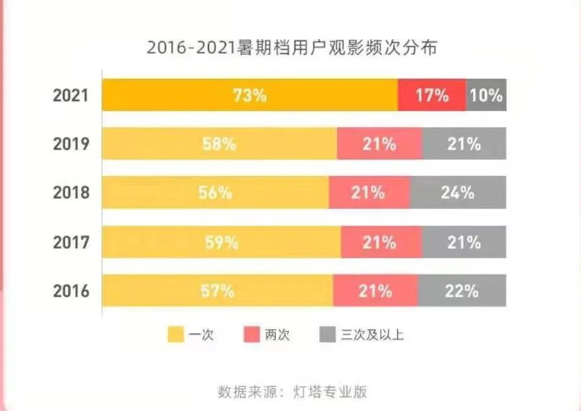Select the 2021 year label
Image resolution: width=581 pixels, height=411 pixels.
click(71, 96)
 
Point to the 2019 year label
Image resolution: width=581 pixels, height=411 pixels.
click(71, 144)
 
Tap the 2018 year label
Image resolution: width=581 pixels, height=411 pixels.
click(71, 193)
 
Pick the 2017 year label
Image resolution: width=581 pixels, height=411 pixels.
click(71, 242)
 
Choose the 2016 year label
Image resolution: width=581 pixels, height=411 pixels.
click(71, 291)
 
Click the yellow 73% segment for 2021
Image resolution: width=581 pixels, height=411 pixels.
click(249, 95)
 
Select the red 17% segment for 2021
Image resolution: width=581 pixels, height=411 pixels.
click(431, 95)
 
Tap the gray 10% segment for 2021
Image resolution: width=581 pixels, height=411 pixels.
click(486, 95)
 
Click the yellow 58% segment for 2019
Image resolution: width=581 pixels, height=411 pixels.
click(219, 144)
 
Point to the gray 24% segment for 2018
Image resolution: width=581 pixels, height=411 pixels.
click(458, 193)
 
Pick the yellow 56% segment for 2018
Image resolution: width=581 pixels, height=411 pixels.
click(215, 193)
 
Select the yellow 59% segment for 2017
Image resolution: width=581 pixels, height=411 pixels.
click(221, 242)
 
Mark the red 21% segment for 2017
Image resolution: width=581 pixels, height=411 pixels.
click(381, 242)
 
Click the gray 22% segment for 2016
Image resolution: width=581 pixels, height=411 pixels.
click(462, 291)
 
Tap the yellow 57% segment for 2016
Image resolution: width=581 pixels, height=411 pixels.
click(217, 291)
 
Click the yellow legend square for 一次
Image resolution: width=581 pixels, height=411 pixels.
click(175, 334)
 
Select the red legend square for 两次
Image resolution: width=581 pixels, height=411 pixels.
click(252, 334)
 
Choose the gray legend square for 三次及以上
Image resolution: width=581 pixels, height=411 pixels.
click(327, 334)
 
